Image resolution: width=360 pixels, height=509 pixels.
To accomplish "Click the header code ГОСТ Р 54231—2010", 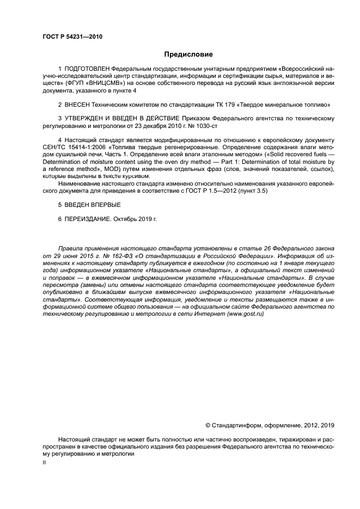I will click(x=72, y=36).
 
